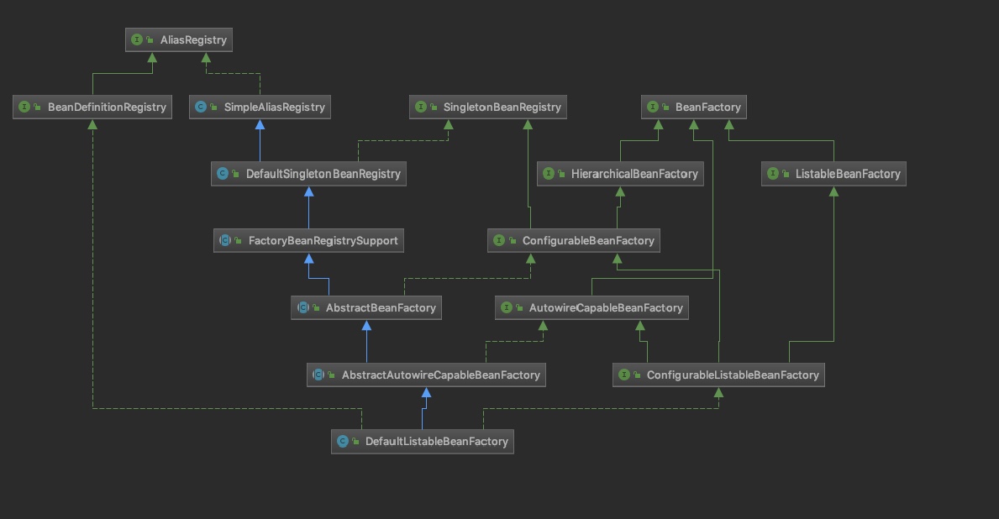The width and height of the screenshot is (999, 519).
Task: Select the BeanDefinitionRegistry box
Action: (92, 107)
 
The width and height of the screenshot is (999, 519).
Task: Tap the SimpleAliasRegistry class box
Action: (259, 107)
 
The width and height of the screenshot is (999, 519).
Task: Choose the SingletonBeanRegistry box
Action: (488, 107)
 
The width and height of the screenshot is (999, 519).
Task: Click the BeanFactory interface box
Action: (694, 107)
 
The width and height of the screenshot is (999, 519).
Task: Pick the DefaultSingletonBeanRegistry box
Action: (308, 174)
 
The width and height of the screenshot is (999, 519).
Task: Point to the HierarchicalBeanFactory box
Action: (619, 174)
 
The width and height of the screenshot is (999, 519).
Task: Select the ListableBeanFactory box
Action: (833, 174)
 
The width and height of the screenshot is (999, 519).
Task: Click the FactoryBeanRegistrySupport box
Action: (308, 240)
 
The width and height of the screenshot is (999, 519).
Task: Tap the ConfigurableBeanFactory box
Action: (574, 240)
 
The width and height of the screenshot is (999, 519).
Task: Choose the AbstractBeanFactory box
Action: (366, 307)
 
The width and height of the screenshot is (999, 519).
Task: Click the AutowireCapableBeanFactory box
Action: (592, 307)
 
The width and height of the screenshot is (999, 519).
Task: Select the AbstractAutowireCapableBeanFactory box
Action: (426, 375)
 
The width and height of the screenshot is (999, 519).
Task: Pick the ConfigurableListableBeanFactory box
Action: (718, 375)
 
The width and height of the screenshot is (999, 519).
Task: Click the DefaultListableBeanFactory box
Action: (422, 441)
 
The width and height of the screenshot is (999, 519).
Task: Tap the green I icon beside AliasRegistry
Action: (137, 39)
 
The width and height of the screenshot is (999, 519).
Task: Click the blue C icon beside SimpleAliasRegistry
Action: (200, 107)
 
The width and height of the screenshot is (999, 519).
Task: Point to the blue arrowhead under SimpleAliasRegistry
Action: (260, 124)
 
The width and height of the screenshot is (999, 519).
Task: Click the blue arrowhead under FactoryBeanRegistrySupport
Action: (308, 258)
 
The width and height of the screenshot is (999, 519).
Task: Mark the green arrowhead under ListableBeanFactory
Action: (833, 191)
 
